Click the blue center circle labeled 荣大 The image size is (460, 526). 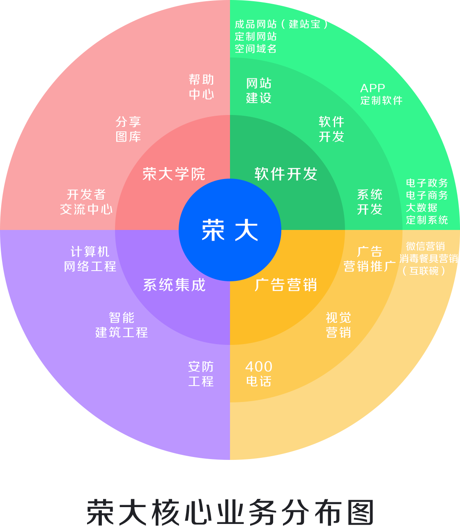(x=230, y=230)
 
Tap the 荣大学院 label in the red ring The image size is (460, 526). (x=174, y=174)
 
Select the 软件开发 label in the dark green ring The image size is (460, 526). (x=286, y=174)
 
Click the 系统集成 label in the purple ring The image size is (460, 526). (x=174, y=285)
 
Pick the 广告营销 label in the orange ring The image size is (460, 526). (x=286, y=285)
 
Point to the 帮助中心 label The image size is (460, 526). (x=201, y=87)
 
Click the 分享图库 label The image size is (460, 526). (x=128, y=129)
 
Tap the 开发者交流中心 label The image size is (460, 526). (x=86, y=202)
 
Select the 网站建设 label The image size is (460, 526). (x=259, y=91)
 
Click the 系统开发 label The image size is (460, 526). (x=370, y=202)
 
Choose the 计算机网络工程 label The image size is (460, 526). (x=90, y=259)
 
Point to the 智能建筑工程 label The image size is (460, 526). (x=122, y=325)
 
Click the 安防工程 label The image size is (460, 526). (x=201, y=374)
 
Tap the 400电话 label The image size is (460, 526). (x=259, y=374)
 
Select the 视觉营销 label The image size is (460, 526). (x=338, y=325)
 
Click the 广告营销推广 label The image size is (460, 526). (x=370, y=259)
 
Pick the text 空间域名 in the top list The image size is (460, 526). (x=256, y=49)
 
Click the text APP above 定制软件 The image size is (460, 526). (x=373, y=88)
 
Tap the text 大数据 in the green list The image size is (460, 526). (x=421, y=208)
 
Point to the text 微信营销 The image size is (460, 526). (x=425, y=246)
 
